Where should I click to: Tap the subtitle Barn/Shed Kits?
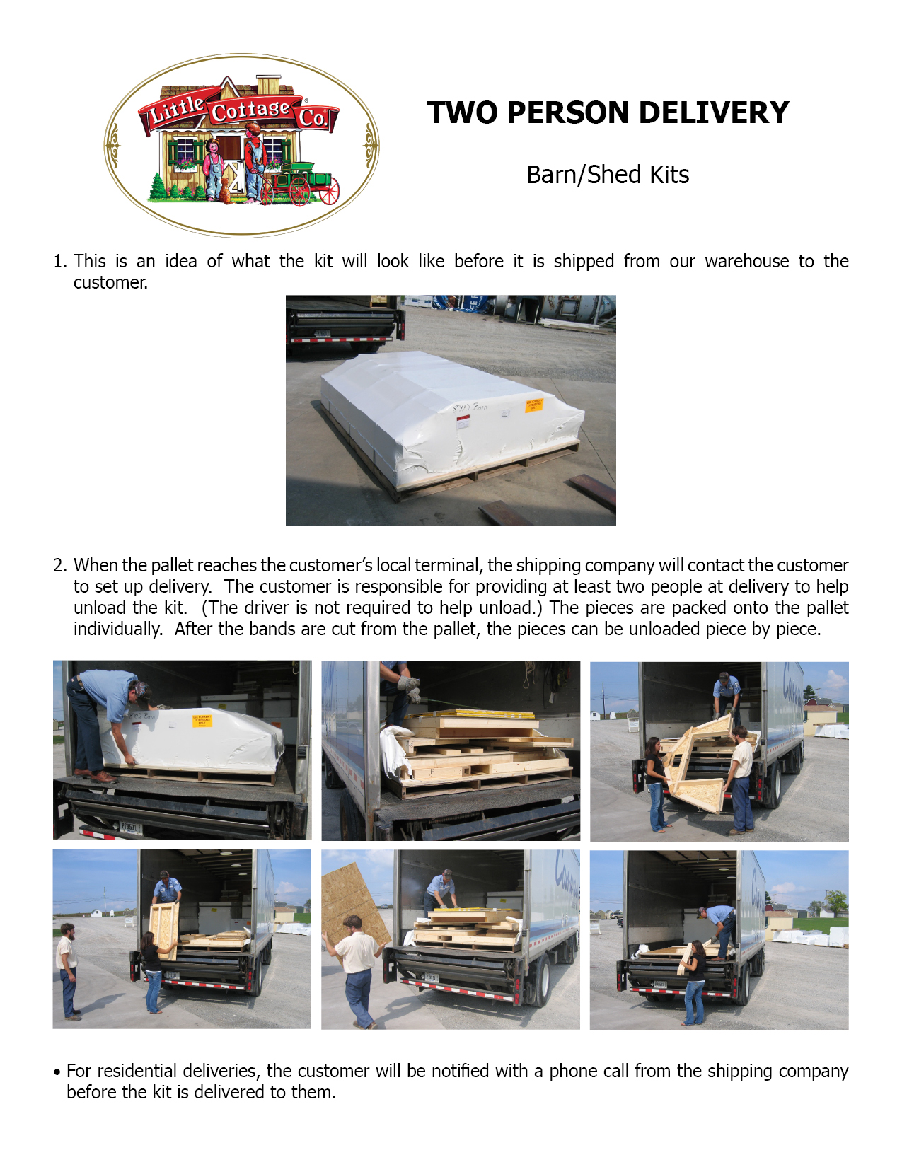coord(608,175)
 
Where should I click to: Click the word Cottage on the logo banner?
coord(250,111)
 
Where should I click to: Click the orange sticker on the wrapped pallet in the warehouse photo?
coord(533,405)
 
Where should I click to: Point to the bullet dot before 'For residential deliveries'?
coord(57,1072)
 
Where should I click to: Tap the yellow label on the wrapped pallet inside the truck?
coord(202,720)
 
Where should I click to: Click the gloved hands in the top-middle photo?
coord(410,688)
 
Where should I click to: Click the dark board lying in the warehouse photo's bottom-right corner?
coord(593,490)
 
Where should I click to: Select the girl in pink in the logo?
coord(213,167)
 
